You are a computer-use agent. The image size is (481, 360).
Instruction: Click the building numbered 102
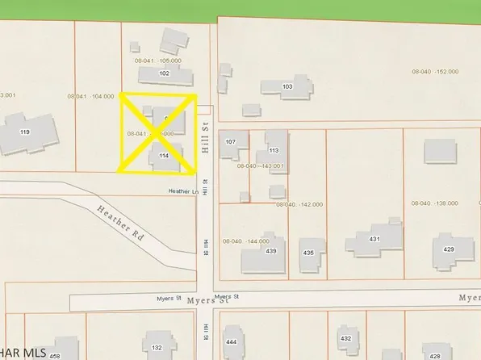pyautogui.click(x=165, y=73)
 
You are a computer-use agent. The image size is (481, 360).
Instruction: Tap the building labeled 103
pyautogui.click(x=287, y=86)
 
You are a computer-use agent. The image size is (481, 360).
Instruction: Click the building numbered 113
pyautogui.click(x=273, y=150)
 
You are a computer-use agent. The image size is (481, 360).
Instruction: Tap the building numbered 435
pyautogui.click(x=308, y=253)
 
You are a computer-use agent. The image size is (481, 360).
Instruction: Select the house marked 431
pyautogui.click(x=374, y=240)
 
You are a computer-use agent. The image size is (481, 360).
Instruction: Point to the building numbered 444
pyautogui.click(x=232, y=342)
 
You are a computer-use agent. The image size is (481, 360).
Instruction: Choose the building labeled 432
pyautogui.click(x=345, y=338)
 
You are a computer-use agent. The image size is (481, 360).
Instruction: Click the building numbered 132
pyautogui.click(x=157, y=347)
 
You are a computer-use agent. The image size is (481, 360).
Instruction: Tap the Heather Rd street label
pyautogui.click(x=121, y=224)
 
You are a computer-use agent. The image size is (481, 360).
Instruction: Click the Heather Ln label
pyautogui.click(x=182, y=191)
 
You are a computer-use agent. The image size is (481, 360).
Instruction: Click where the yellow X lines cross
pyautogui.click(x=158, y=133)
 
